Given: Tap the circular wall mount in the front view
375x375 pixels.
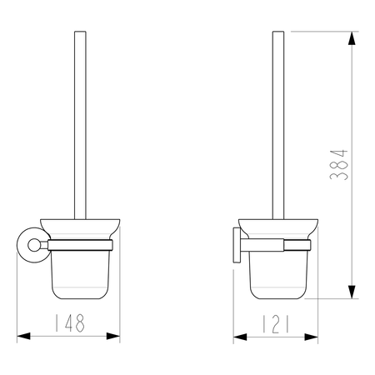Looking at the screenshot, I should pos(31,246).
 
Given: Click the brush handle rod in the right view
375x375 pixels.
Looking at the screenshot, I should pos(278,125).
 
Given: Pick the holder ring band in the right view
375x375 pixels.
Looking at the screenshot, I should pos(278,245).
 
